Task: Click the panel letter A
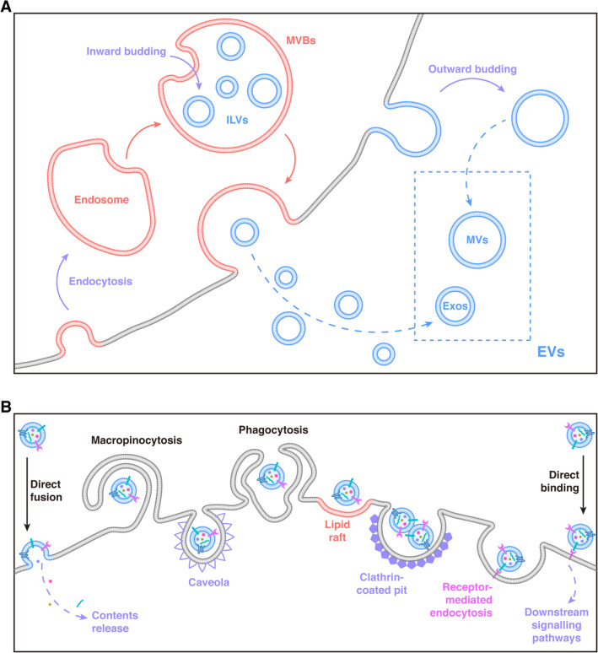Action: coord(8,8)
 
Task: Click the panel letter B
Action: coord(8,406)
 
